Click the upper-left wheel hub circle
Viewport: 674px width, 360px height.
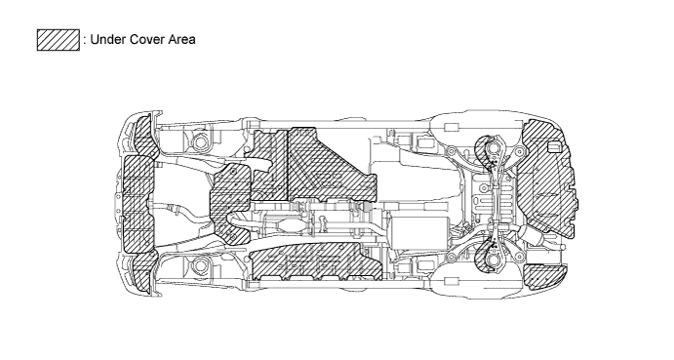(202, 142)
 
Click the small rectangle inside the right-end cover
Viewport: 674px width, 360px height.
(555, 147)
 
